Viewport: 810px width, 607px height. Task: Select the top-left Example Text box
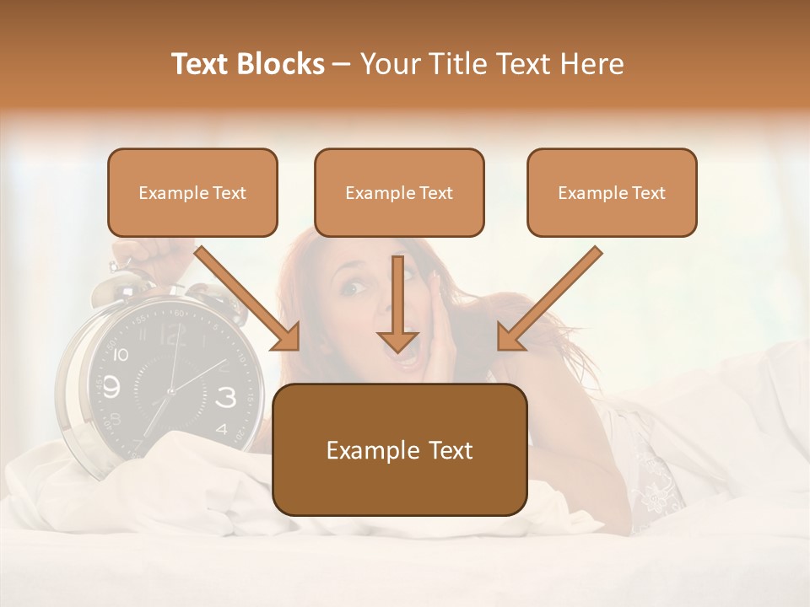point(192,193)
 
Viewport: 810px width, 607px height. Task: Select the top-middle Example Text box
point(399,193)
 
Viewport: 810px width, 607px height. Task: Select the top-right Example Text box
point(612,193)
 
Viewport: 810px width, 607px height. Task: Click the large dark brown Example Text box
point(399,450)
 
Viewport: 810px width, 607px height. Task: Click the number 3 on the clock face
point(226,396)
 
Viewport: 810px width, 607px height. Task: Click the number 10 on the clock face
point(120,355)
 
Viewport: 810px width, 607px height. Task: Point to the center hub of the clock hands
point(170,390)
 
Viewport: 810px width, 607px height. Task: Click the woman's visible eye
point(350,288)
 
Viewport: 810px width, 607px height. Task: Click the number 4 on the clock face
point(221,428)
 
